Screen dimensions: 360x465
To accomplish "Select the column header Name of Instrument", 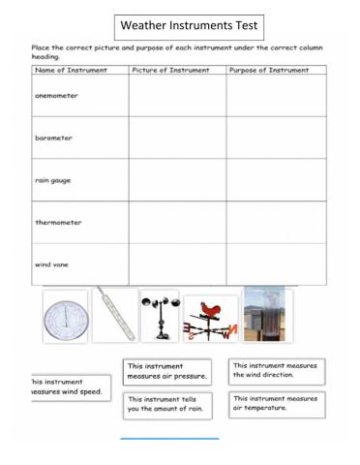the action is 70,71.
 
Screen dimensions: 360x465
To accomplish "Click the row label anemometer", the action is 58,96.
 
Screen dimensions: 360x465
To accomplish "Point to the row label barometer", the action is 55,138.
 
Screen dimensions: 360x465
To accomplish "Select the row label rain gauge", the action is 53,180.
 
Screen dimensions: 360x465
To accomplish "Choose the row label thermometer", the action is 59,223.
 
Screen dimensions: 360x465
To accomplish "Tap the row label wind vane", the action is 52,263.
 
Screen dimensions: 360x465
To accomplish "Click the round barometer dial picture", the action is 65,316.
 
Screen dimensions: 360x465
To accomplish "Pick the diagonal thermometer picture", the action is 115,314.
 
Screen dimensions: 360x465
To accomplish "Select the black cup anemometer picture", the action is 159,316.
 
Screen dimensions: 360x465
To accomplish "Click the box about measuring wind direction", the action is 277,369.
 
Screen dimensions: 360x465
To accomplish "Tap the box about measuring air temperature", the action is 277,403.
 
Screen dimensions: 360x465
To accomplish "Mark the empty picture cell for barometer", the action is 177,138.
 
